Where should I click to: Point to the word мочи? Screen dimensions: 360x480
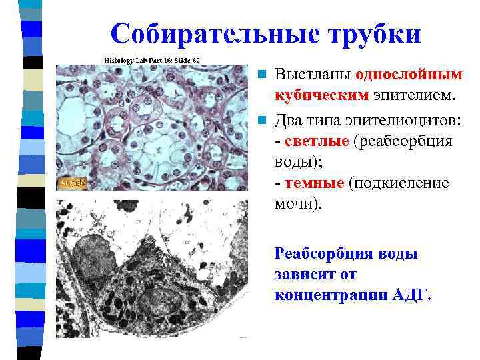[x=297, y=203]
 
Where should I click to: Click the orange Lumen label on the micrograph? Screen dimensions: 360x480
[x=71, y=181]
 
